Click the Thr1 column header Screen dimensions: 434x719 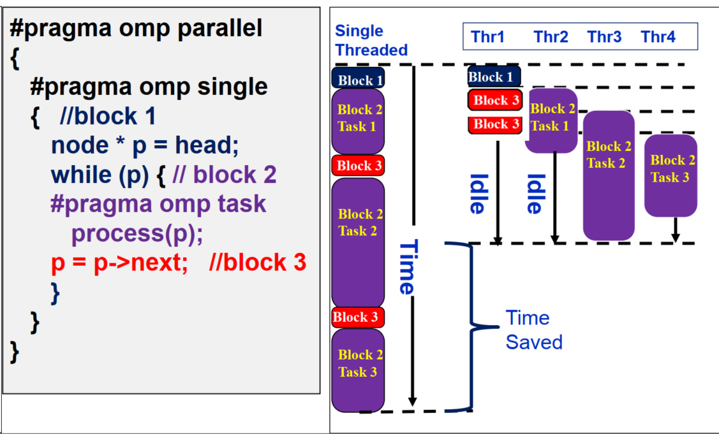(487, 37)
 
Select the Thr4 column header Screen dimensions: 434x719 (658, 37)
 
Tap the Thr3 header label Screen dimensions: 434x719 (604, 37)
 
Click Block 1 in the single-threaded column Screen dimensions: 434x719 (359, 80)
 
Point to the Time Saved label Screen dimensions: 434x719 (533, 329)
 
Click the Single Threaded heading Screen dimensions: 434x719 (371, 40)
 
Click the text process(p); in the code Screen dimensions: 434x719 (137, 233)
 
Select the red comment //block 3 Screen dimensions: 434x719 (257, 263)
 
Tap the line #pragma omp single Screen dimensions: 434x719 (148, 87)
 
